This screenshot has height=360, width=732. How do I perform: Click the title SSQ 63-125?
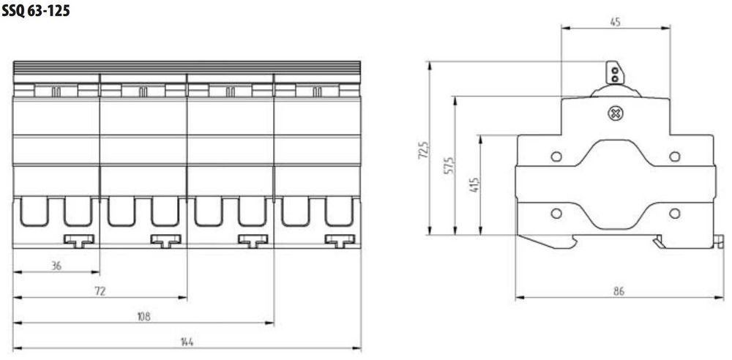tap(36, 10)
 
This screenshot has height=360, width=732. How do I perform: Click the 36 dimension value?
tap(56, 266)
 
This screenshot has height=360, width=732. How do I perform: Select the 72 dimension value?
tap(100, 291)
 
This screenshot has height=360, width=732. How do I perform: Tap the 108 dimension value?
tap(143, 317)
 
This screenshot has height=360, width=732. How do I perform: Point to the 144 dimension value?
tap(187, 342)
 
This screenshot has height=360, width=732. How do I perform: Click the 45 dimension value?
tap(616, 22)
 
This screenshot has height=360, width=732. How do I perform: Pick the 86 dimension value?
tap(619, 291)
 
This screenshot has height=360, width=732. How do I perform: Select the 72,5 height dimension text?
tap(423, 150)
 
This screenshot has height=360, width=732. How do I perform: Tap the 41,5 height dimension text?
tap(474, 185)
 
